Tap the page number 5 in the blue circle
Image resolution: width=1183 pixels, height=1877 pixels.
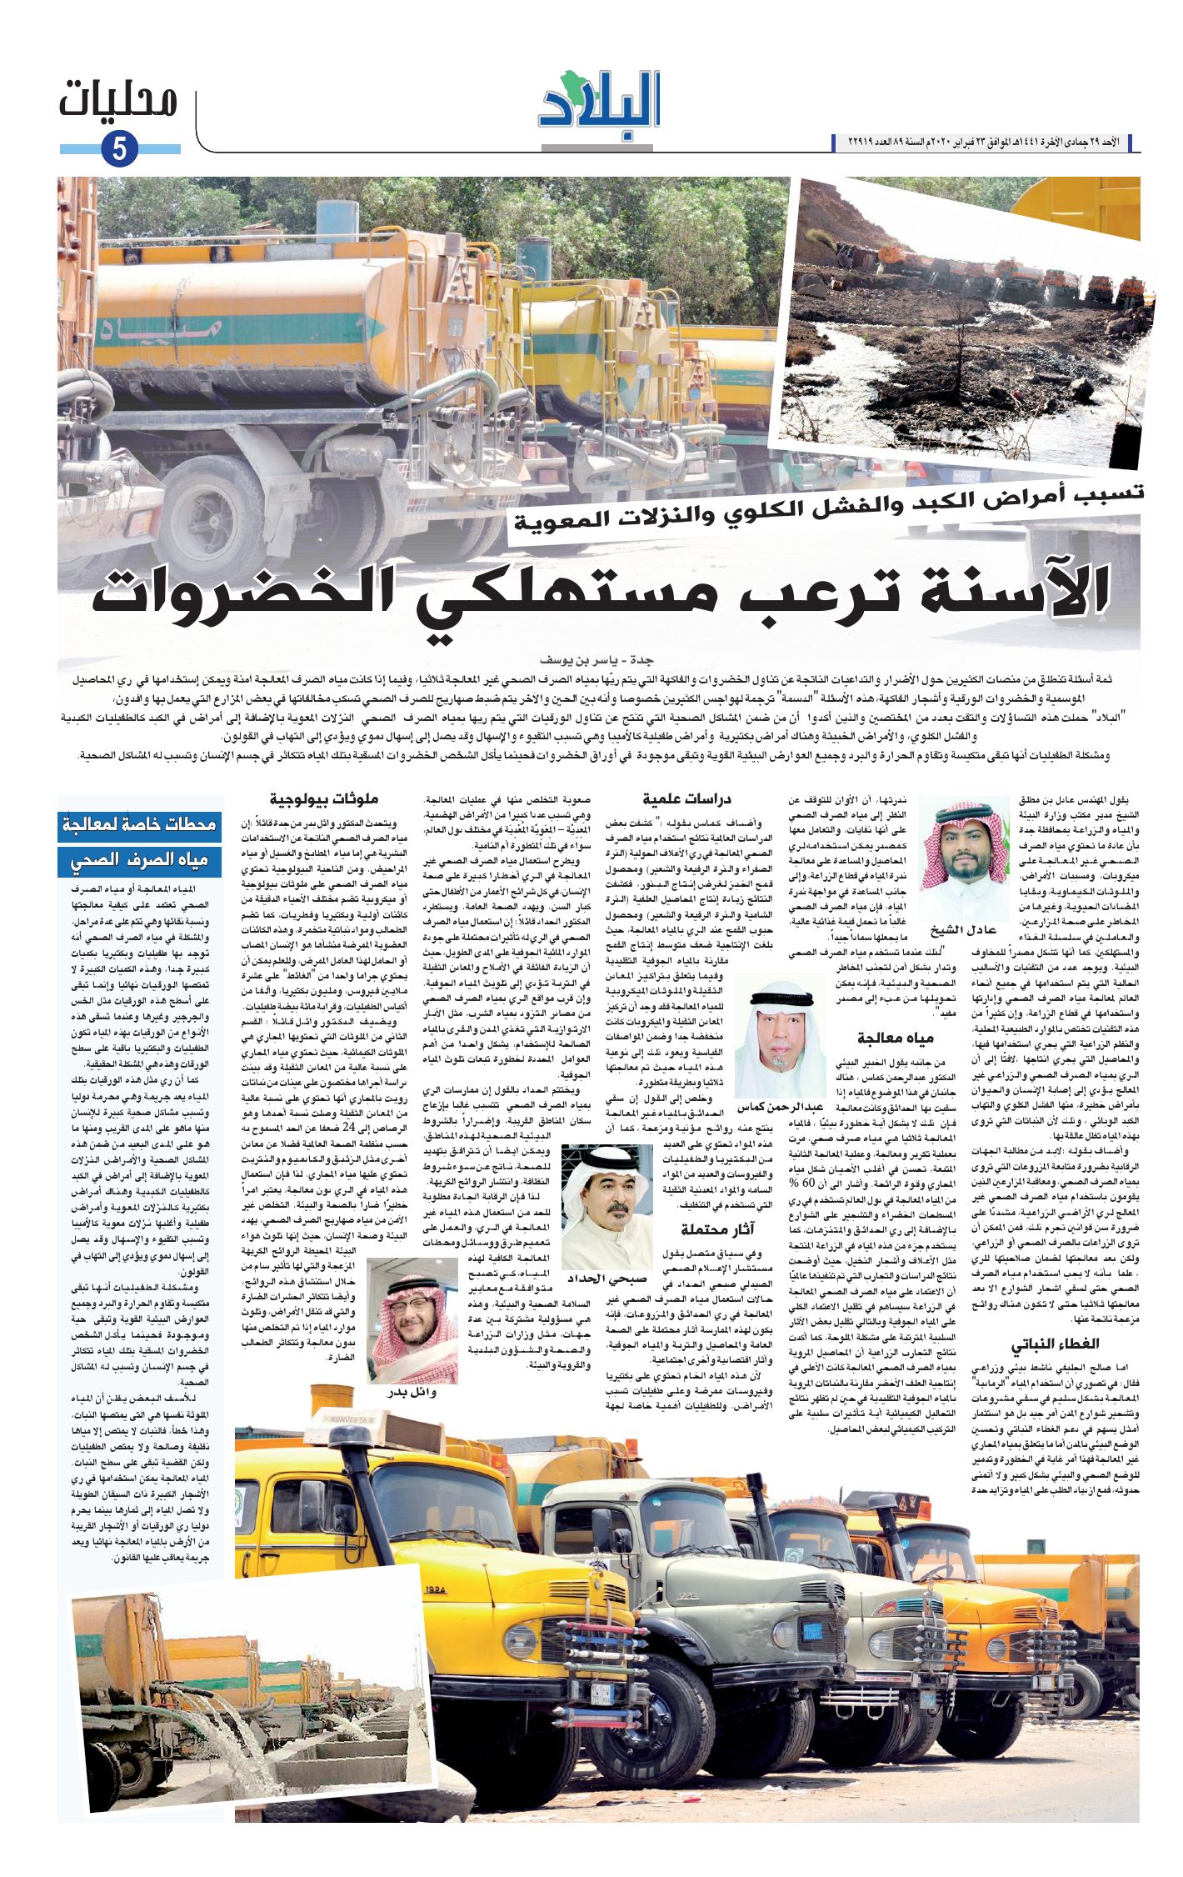coord(120,150)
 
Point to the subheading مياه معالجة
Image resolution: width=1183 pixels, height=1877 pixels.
coord(896,1038)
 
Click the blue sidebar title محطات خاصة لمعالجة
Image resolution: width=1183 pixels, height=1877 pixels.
coord(140,826)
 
